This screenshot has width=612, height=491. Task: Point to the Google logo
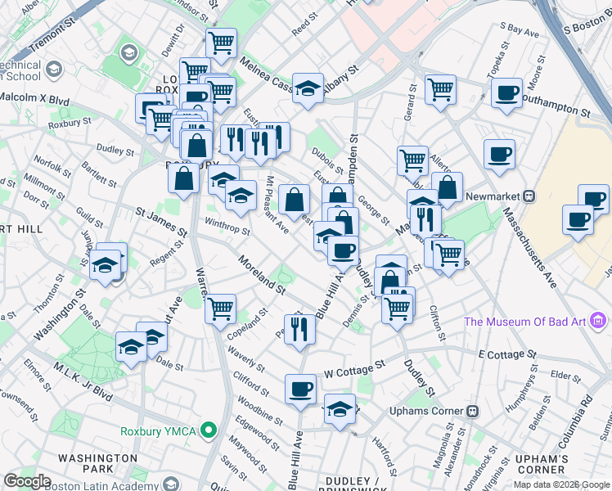coord(27,481)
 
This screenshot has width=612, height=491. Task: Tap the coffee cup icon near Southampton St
coord(507,92)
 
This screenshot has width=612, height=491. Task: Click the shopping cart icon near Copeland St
coord(220,309)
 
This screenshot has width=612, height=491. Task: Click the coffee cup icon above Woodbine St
coord(300,388)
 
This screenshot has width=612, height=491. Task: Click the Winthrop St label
coord(227,226)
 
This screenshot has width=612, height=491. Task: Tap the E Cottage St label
coord(506,354)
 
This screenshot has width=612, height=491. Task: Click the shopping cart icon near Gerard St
coord(440,89)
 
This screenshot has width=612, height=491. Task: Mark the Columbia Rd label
coord(583,417)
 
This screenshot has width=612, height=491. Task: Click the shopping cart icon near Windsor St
coord(221,43)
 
